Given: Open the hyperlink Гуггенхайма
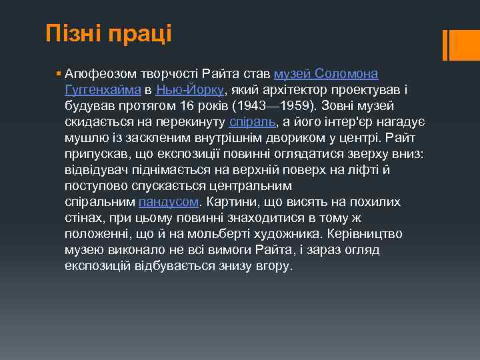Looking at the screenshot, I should click(x=103, y=89).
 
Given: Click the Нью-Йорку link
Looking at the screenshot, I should click(x=191, y=89).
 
